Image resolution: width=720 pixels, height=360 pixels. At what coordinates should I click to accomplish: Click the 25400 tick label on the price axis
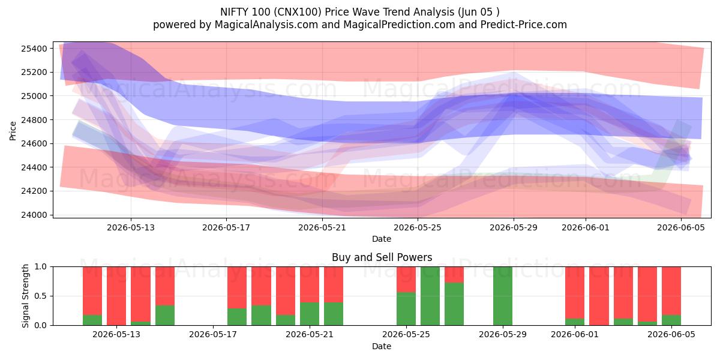pyautogui.click(x=34, y=49)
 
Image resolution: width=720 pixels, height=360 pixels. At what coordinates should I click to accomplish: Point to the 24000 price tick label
pyautogui.click(x=34, y=215)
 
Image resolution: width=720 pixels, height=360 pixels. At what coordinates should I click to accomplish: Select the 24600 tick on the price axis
pyautogui.click(x=34, y=143)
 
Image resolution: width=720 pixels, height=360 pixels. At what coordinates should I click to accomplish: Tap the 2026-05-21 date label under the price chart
pyautogui.click(x=322, y=228)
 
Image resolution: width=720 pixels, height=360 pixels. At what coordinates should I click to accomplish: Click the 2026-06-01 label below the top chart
pyautogui.click(x=586, y=228)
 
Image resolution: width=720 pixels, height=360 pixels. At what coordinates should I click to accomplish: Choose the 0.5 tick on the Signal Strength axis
pyautogui.click(x=41, y=296)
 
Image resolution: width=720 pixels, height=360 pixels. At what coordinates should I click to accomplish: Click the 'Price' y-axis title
pyautogui.click(x=13, y=131)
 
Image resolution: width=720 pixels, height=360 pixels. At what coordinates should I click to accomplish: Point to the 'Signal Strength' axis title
pyautogui.click(x=25, y=296)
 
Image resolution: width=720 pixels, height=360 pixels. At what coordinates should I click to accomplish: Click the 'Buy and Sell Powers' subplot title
pyautogui.click(x=382, y=257)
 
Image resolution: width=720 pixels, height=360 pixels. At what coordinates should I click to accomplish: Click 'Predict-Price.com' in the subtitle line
pyautogui.click(x=524, y=25)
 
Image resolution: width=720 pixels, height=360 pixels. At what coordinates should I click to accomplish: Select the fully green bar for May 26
pyautogui.click(x=430, y=296)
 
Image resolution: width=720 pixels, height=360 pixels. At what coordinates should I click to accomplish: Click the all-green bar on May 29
pyautogui.click(x=503, y=296)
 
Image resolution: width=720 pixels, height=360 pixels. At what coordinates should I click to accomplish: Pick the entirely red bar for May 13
pyautogui.click(x=116, y=296)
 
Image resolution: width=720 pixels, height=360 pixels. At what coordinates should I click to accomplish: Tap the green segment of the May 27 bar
pyautogui.click(x=454, y=304)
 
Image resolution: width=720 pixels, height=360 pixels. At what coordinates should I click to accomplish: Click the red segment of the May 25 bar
pyautogui.click(x=406, y=280)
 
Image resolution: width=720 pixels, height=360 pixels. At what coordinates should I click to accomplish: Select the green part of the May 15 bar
pyautogui.click(x=165, y=316)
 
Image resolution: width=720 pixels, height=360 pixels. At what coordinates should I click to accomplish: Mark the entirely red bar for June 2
pyautogui.click(x=599, y=296)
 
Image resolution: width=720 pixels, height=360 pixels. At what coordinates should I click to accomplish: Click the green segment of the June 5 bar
pyautogui.click(x=671, y=320)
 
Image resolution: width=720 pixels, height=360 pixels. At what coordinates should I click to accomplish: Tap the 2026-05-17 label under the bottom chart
pyautogui.click(x=213, y=335)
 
